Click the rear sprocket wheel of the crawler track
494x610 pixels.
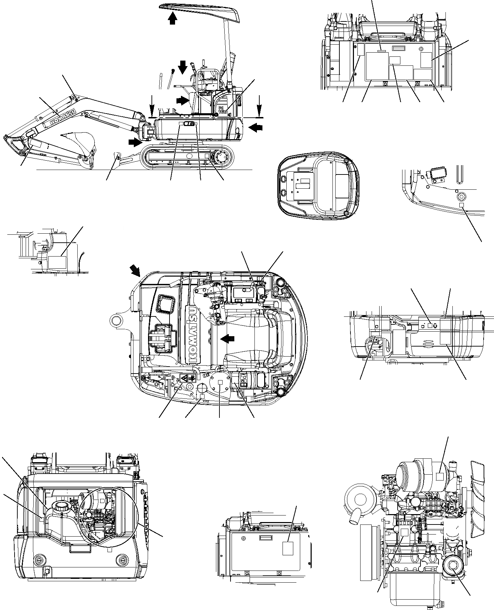220,158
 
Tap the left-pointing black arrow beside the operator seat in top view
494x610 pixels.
227,339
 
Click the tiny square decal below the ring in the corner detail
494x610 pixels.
461,206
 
